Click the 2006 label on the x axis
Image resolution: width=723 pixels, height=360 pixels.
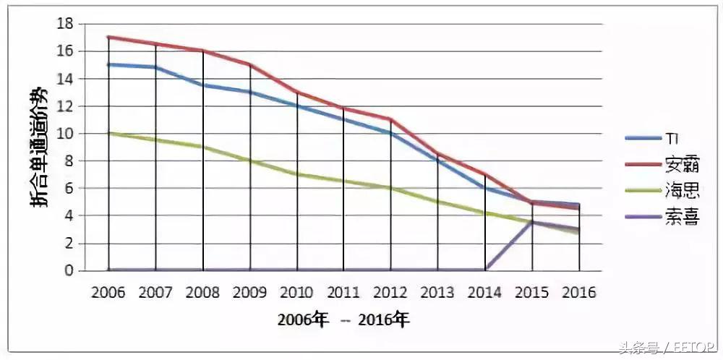108,293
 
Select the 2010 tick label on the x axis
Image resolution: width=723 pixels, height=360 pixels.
296,293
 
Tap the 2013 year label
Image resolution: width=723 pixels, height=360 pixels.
437,293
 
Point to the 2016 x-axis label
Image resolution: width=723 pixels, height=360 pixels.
578,293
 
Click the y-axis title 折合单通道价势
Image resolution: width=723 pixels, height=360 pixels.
40,147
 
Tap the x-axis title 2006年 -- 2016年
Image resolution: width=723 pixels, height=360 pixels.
343,320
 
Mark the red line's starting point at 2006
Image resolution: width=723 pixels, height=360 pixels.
108,37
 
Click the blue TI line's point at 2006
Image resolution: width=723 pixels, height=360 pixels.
108,64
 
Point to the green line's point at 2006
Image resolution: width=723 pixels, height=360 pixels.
108,133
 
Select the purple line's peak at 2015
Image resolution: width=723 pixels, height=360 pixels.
533,223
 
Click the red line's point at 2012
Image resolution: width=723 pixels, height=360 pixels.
391,119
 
